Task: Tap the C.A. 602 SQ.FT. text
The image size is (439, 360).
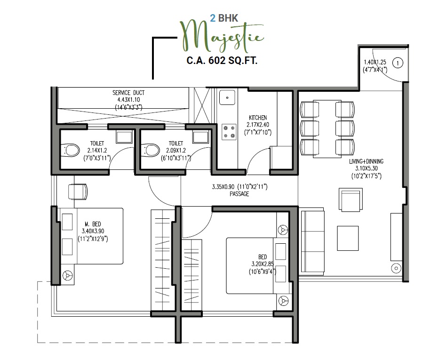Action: tap(222, 60)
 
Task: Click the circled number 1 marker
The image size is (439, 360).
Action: tap(398, 63)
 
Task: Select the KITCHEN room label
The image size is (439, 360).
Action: tap(257, 118)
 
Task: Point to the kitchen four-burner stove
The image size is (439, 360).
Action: tap(229, 132)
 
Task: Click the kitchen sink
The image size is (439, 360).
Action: tap(227, 97)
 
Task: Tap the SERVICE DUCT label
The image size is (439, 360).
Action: tap(128, 93)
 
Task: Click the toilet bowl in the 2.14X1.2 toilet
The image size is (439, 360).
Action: tap(70, 150)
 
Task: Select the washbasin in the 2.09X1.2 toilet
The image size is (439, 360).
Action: tap(200, 137)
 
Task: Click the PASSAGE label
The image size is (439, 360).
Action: tap(239, 194)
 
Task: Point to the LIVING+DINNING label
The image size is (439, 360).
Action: tap(366, 161)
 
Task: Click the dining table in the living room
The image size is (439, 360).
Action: tap(327, 129)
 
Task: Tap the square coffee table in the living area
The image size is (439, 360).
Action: tap(348, 238)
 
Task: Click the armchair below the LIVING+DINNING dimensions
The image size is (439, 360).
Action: tap(351, 200)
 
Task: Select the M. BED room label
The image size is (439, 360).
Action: tap(93, 224)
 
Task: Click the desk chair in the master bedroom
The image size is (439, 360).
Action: tap(78, 192)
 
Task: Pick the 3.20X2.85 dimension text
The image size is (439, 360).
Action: tap(263, 264)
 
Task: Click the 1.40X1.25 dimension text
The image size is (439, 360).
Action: tap(375, 62)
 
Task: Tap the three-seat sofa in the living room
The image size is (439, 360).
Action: tap(312, 241)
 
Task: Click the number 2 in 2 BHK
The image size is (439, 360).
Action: tap(213, 18)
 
